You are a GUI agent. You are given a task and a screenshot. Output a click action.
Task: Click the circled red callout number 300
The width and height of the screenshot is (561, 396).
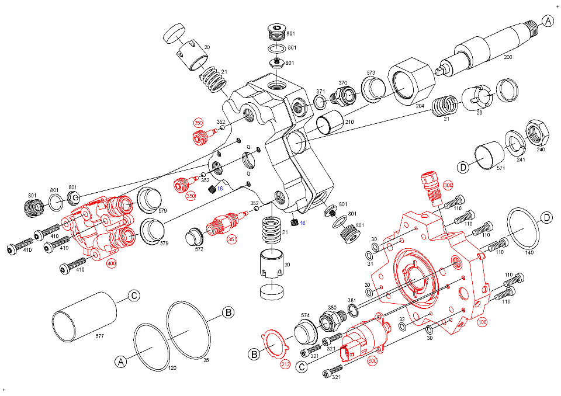[448, 185]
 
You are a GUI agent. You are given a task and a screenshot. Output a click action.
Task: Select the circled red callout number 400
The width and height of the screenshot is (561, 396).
[111, 263]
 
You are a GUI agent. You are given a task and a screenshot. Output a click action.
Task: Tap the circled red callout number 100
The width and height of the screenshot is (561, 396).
[482, 322]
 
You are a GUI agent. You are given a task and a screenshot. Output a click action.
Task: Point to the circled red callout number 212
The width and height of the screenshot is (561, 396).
[285, 364]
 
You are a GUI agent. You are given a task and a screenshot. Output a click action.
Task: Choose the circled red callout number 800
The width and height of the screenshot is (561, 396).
[372, 361]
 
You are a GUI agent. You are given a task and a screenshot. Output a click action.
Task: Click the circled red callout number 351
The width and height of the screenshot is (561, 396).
[232, 239]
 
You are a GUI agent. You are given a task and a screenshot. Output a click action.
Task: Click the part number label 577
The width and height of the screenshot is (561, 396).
[101, 336]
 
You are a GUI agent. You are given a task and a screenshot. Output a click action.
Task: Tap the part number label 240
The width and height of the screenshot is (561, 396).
[541, 150]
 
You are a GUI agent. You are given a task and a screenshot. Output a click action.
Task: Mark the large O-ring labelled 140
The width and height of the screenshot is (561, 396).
[525, 228]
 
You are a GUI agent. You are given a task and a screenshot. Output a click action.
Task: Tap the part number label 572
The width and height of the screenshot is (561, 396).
[199, 249]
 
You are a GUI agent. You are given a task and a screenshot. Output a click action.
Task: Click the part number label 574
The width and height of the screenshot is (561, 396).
[305, 315]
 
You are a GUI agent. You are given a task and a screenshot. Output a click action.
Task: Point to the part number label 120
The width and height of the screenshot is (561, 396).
[172, 368]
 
